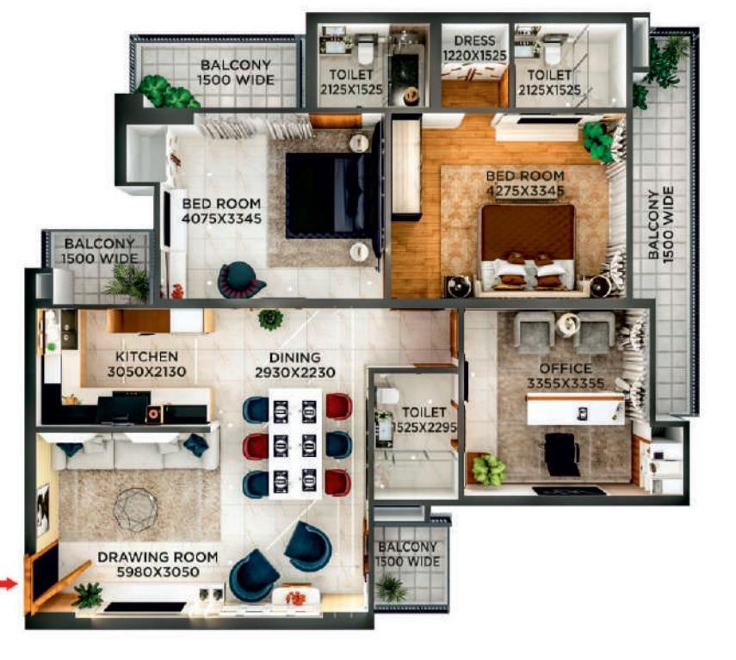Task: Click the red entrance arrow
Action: click(8, 584)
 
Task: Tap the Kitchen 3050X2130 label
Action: click(146, 364)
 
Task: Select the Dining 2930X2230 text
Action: click(294, 365)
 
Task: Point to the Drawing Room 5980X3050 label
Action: click(158, 564)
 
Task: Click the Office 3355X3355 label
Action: click(566, 376)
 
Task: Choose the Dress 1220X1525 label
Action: click(475, 48)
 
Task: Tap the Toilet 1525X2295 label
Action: click(424, 419)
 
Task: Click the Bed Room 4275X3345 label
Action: click(525, 183)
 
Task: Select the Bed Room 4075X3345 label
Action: click(221, 211)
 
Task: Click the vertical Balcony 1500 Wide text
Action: click(660, 225)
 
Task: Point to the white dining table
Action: click(295, 443)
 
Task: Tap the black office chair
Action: click(562, 454)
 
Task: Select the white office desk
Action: click(576, 409)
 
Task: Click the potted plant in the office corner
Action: click(488, 469)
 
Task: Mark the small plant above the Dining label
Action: click(271, 319)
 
